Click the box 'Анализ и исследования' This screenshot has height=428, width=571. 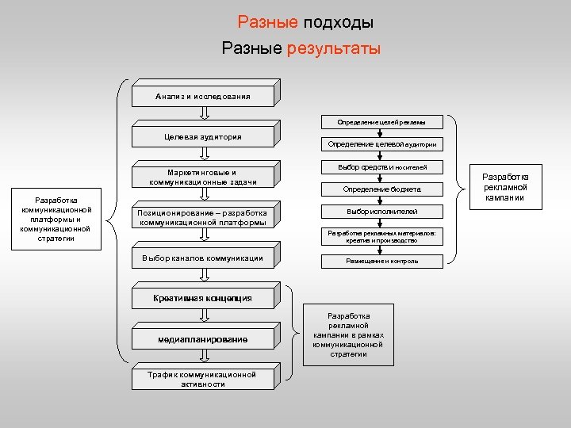[x=203, y=97]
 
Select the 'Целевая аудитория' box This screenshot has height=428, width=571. [x=203, y=137]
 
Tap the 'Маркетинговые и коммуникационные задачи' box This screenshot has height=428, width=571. [x=203, y=177]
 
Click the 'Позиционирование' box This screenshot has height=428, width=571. [x=203, y=217]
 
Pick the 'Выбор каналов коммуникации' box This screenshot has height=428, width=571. [x=203, y=258]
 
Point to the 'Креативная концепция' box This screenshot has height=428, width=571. [x=203, y=298]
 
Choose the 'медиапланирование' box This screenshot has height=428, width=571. [x=203, y=339]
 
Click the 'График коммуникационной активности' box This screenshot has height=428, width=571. [x=203, y=380]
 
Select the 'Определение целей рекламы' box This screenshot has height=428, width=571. [x=381, y=123]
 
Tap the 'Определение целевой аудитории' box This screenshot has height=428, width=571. [x=381, y=145]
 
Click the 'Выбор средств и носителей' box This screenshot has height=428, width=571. [x=381, y=167]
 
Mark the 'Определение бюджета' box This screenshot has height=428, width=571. [x=381, y=190]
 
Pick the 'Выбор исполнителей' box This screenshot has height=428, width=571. [x=381, y=212]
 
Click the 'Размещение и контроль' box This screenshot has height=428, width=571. [x=381, y=261]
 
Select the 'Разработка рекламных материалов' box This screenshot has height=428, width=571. [x=381, y=236]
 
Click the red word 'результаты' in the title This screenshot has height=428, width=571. [x=334, y=48]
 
